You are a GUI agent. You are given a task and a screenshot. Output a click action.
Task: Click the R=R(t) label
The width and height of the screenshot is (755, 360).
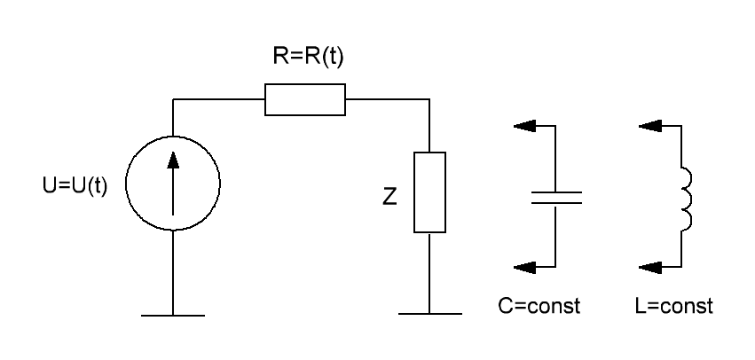click(308, 57)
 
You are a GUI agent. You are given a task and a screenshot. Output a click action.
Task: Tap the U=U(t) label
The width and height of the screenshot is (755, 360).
click(75, 185)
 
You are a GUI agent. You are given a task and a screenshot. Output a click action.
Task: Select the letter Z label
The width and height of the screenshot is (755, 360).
click(389, 196)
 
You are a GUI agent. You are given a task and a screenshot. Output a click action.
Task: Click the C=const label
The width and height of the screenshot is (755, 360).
click(539, 306)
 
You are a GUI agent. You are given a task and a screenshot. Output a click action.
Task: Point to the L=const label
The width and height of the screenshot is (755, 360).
click(673, 306)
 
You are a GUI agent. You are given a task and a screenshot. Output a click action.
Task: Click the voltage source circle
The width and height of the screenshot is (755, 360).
click(126, 184)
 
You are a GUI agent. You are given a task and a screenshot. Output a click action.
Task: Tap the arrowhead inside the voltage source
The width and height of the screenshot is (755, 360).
click(173, 160)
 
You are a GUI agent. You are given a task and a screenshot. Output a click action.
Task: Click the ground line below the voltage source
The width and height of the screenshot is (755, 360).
click(173, 316)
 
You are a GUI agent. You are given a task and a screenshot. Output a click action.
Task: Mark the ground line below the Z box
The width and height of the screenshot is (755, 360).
click(430, 314)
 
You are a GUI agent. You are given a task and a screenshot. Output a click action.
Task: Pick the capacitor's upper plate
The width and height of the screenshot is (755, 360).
click(556, 192)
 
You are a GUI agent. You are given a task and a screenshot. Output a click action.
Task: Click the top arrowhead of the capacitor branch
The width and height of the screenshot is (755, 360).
click(524, 126)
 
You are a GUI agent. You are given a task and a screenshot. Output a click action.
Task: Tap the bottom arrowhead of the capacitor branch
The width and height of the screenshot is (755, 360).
click(524, 267)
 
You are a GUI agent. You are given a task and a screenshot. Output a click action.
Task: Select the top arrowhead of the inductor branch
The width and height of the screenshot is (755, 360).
click(649, 126)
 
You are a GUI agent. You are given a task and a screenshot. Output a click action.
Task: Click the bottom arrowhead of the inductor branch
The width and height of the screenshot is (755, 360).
click(649, 267)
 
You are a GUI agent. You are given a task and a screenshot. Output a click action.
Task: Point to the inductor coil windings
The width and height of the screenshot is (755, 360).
click(690, 197)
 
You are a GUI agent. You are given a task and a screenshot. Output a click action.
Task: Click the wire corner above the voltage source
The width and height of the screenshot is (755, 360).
click(173, 99)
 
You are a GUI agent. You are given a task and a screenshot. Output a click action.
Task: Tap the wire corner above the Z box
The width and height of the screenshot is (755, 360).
click(429, 99)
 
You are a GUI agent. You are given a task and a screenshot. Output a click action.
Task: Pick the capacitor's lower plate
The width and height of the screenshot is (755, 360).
click(556, 203)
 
